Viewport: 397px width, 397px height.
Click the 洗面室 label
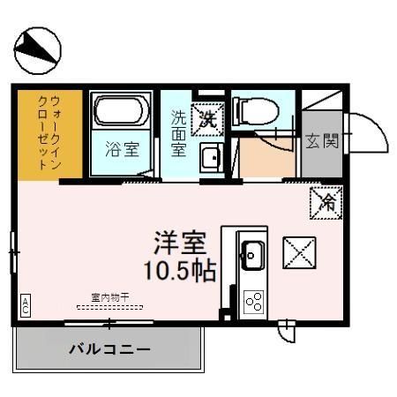point(178,132)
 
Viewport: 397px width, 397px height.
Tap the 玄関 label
point(322,141)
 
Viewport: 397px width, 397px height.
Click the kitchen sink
point(251,255)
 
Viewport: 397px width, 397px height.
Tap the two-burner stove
point(253,302)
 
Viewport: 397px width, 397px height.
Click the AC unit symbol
point(26,305)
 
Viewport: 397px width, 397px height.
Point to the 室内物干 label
point(110,297)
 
